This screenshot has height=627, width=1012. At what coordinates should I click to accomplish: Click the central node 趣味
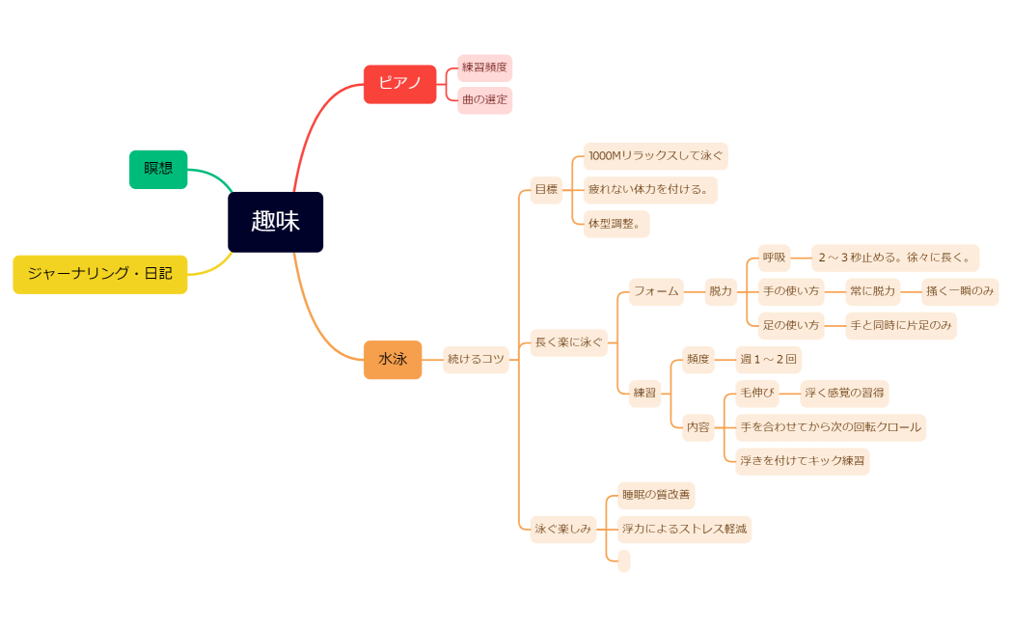coord(275,222)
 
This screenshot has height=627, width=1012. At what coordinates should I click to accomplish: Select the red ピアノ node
coord(399,84)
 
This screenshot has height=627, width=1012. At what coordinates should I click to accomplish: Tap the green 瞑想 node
coord(158,169)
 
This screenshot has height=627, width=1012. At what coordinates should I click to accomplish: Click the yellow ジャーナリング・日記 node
coord(99,274)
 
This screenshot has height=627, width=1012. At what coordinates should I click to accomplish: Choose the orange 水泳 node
coord(393,359)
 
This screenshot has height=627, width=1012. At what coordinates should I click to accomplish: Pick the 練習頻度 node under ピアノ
coord(484,68)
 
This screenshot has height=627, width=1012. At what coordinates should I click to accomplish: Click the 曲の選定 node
coord(484,99)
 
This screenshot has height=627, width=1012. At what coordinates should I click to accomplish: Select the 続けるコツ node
coord(476,359)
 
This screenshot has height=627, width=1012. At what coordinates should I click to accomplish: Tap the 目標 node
coord(546,189)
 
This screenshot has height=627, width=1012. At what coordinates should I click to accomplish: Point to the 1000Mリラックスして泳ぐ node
coord(655,155)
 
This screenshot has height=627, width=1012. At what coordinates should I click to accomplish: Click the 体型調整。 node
coord(616,223)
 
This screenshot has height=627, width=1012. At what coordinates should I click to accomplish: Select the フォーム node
coord(656,291)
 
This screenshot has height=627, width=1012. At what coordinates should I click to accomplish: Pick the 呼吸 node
coord(774,258)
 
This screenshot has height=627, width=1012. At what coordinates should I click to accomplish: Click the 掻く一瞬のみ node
coord(959,291)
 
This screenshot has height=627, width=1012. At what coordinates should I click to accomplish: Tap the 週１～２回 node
coord(768,360)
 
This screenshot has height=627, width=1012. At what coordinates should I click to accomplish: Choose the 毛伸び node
coord(756,393)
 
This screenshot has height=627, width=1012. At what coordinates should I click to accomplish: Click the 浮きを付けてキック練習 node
coord(802,461)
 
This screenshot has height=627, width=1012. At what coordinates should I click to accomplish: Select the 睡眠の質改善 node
coord(655,495)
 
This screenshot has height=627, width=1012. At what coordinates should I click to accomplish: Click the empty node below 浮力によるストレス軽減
coord(623,560)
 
